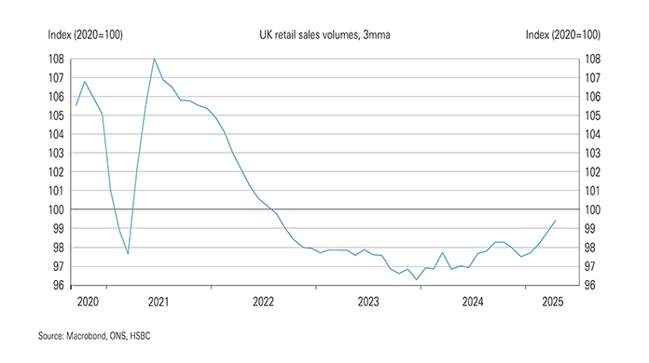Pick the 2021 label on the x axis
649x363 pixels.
(159, 302)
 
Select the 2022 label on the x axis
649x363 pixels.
(264, 302)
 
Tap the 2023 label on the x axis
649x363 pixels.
(368, 302)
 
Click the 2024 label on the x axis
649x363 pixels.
(474, 302)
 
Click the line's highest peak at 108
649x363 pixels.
(154, 59)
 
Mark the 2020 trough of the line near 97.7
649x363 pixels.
(128, 253)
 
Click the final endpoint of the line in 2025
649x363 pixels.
(556, 221)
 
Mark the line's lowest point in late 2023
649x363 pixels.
(416, 279)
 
